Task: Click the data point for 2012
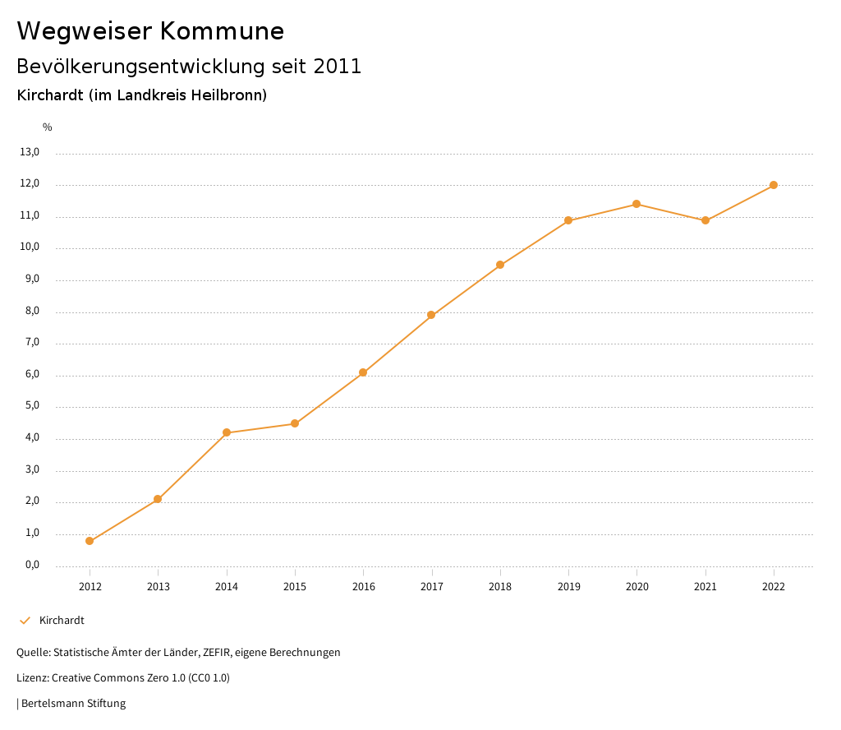pyautogui.click(x=90, y=541)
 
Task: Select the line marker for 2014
pyautogui.click(x=227, y=432)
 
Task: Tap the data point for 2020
pyautogui.click(x=636, y=204)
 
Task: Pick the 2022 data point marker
pyautogui.click(x=774, y=185)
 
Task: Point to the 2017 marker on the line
pyautogui.click(x=431, y=315)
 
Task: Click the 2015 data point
pyautogui.click(x=295, y=423)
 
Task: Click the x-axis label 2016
pyautogui.click(x=363, y=587)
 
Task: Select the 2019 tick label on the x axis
pyautogui.click(x=568, y=587)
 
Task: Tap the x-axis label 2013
pyautogui.click(x=158, y=587)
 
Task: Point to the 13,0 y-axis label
pyautogui.click(x=30, y=152)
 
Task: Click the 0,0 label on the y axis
pyautogui.click(x=32, y=565)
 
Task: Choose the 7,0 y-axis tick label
pyautogui.click(x=32, y=343)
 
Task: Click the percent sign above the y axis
pyautogui.click(x=48, y=127)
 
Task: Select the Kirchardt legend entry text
pyautogui.click(x=62, y=621)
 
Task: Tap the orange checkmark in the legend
pyautogui.click(x=25, y=621)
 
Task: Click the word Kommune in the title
pyautogui.click(x=222, y=31)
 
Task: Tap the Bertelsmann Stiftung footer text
pyautogui.click(x=73, y=704)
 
